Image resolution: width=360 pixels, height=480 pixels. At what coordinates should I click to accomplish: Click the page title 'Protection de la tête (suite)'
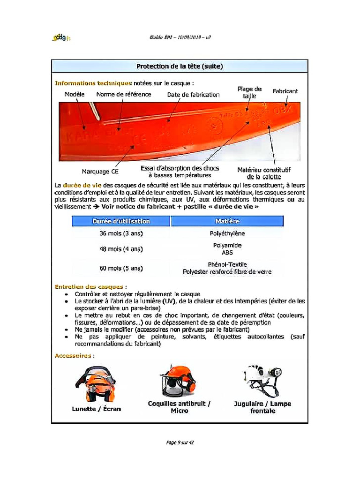pyautogui.click(x=180, y=67)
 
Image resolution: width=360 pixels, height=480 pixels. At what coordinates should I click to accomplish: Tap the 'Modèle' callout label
pyautogui.click(x=74, y=94)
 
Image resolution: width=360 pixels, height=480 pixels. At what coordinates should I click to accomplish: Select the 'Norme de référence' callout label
pyautogui.click(x=124, y=94)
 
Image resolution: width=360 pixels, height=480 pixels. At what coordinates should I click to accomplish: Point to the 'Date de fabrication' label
pyautogui.click(x=193, y=95)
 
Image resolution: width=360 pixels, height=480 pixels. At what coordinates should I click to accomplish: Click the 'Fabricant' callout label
pyautogui.click(x=285, y=91)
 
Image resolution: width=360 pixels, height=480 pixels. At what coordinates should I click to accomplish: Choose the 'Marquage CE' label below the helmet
pyautogui.click(x=100, y=172)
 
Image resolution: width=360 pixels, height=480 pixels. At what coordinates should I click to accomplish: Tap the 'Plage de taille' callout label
pyautogui.click(x=249, y=92)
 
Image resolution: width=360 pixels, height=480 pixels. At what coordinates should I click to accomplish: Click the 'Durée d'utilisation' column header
pyautogui.click(x=121, y=221)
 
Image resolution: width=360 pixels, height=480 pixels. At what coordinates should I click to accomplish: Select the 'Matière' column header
pyautogui.click(x=227, y=221)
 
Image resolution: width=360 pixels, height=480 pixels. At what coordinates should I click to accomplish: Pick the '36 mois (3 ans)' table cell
pyautogui.click(x=121, y=233)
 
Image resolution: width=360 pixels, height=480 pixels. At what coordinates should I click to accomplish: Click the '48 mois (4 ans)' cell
pyautogui.click(x=121, y=249)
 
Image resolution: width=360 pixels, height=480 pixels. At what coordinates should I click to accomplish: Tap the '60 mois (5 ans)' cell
pyautogui.click(x=121, y=269)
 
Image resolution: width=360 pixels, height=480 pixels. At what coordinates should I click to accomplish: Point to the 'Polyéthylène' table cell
pyautogui.click(x=227, y=233)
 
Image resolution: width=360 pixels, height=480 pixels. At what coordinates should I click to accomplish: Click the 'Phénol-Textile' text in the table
pyautogui.click(x=227, y=265)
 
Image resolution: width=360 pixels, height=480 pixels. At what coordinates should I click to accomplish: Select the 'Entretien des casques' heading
pyautogui.click(x=89, y=286)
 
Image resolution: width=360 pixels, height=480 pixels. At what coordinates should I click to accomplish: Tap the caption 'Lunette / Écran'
pyautogui.click(x=96, y=409)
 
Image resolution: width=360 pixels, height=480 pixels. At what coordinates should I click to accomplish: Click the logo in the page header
pyautogui.click(x=61, y=37)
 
